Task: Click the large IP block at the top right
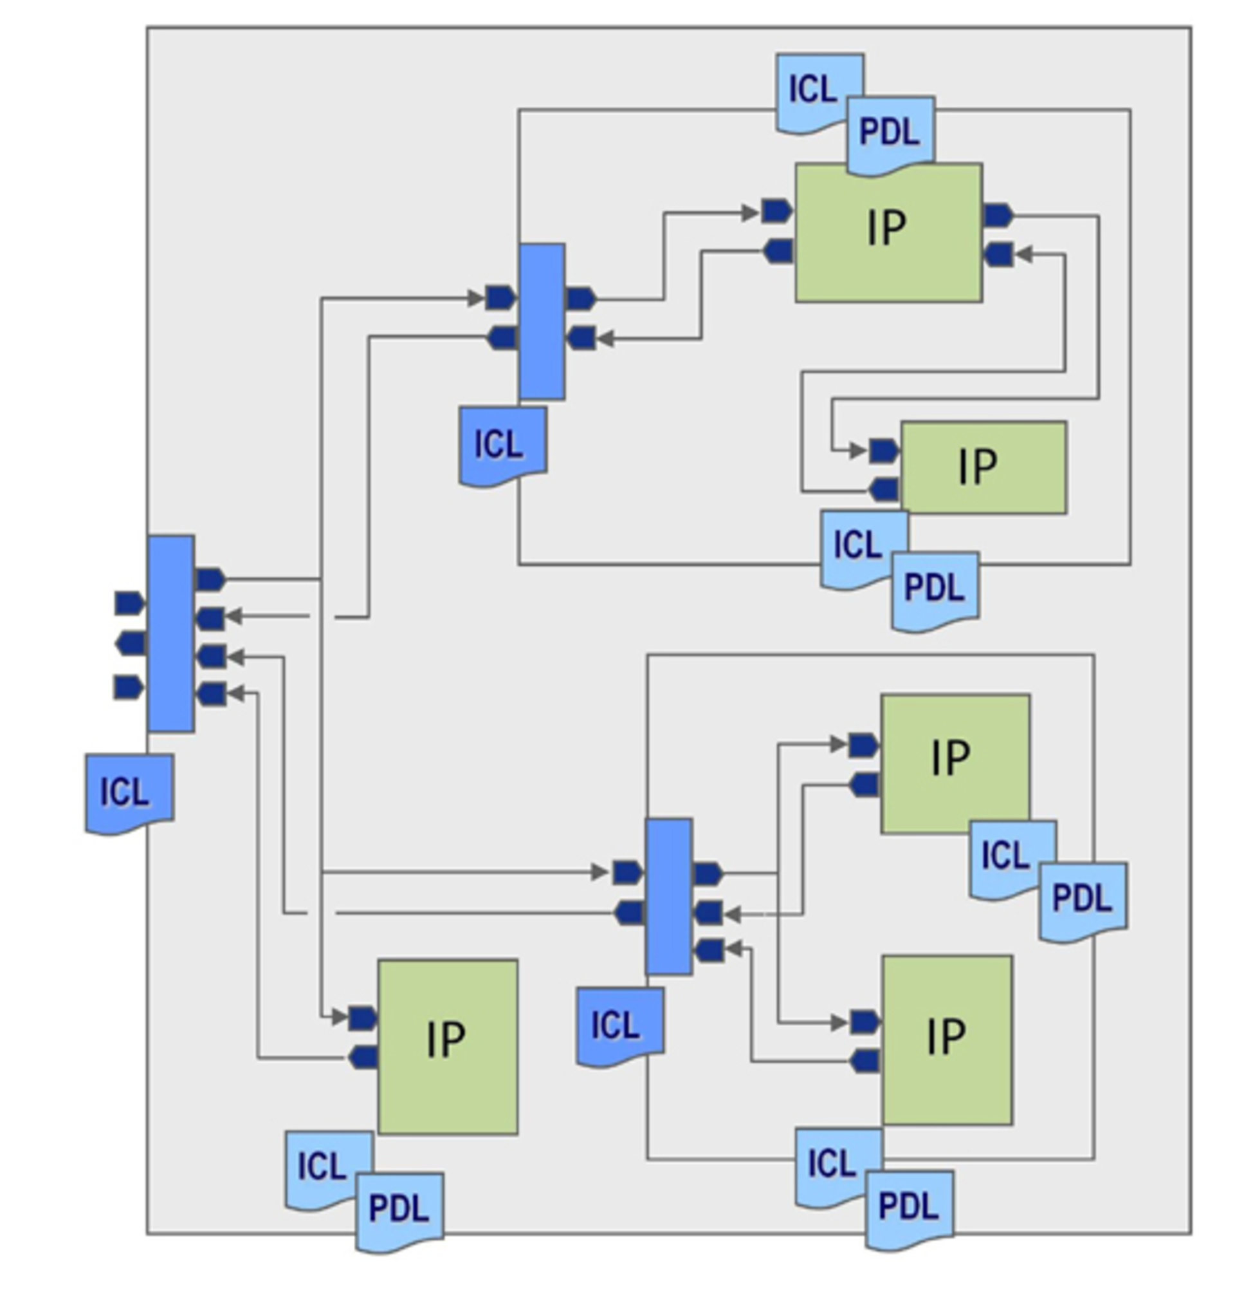click(x=889, y=233)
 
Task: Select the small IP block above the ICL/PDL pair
click(x=983, y=467)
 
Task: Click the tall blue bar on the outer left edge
click(x=171, y=633)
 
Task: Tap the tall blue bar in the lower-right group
click(x=669, y=896)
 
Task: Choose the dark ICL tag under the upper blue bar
click(x=502, y=445)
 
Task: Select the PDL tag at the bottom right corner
click(x=909, y=1208)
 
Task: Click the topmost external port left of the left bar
click(x=129, y=603)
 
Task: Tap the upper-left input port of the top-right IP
click(x=778, y=211)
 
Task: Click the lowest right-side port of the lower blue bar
click(x=709, y=951)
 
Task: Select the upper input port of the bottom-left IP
click(x=363, y=1018)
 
